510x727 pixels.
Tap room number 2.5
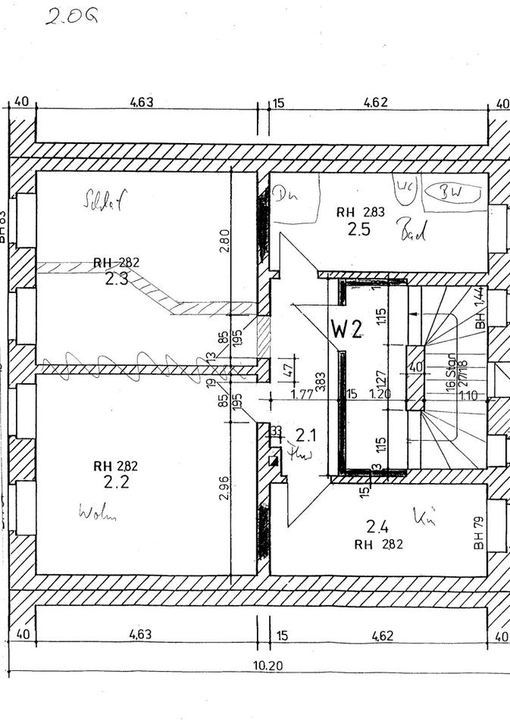(360, 229)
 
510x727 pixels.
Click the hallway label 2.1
(305, 435)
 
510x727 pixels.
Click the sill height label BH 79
(479, 534)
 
